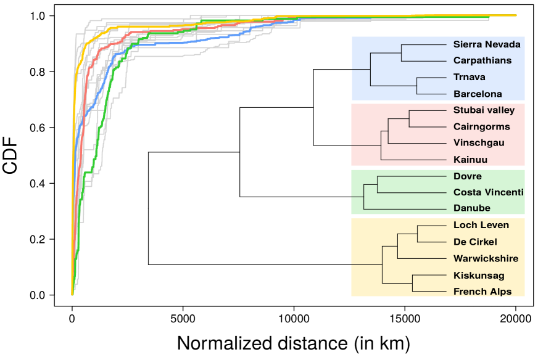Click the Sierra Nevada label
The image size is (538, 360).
point(487,44)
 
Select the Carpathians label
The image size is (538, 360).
point(482,60)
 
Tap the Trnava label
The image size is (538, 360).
point(469,77)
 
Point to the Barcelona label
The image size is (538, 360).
point(478,94)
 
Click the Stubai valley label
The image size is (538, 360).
point(484,110)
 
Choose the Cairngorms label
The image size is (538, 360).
point(481,126)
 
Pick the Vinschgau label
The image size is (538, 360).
point(478,143)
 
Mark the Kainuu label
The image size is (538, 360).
point(470,160)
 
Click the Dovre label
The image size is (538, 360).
point(467,176)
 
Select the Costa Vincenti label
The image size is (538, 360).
point(488,192)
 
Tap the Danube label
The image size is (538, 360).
point(471,208)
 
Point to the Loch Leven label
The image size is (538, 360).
point(481,225)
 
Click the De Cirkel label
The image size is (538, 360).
point(474,242)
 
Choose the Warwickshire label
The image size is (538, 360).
point(486,258)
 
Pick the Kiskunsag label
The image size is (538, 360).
point(478,276)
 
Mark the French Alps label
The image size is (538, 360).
point(482,292)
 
